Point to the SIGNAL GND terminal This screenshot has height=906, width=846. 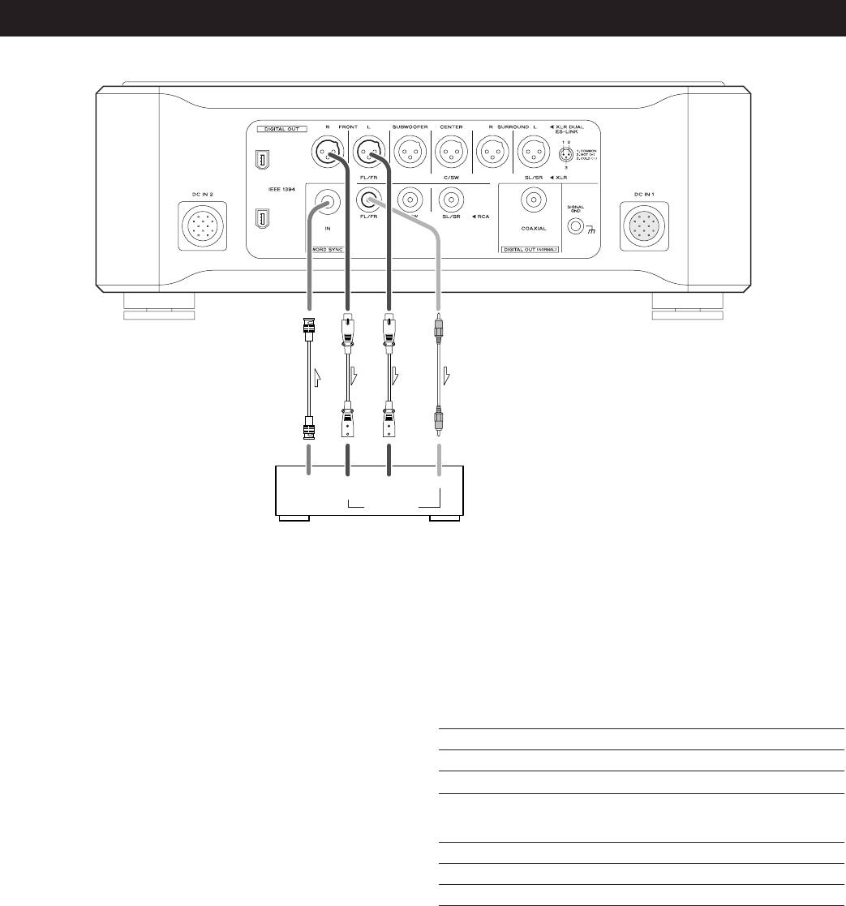point(578,228)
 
